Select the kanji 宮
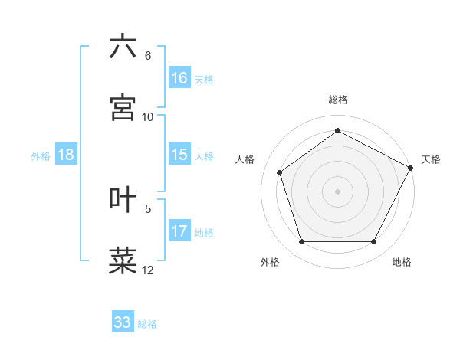point(123,107)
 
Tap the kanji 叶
point(123,199)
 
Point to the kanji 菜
point(123,260)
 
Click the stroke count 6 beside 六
point(148,56)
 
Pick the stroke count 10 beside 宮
point(148,116)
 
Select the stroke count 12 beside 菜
point(148,269)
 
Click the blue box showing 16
point(179,78)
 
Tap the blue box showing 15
point(179,155)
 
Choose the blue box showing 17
point(179,231)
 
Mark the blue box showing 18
point(66,155)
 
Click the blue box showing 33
point(123,322)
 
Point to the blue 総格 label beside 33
point(148,324)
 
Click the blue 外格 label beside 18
point(41,156)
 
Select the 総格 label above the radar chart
point(338,100)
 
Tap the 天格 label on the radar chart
point(431,159)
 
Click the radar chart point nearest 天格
point(411,167)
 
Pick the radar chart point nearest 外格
point(301,242)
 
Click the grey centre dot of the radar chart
point(337,191)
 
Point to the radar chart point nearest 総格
point(337,131)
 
